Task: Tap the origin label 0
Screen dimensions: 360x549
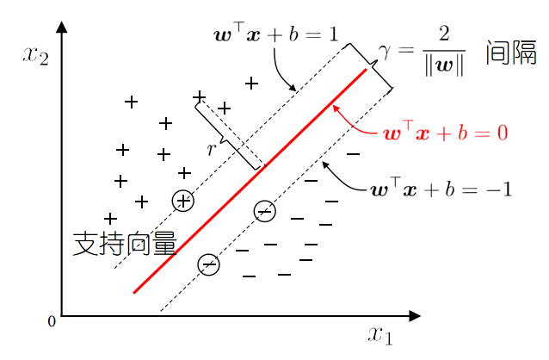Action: (x=52, y=321)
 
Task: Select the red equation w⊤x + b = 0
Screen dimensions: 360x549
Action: (x=446, y=133)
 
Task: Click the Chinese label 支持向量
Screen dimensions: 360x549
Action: (x=125, y=244)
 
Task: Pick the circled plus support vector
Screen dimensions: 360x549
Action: (x=182, y=201)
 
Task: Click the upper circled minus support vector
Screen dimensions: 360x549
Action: (x=265, y=211)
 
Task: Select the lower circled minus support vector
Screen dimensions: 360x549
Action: (x=209, y=264)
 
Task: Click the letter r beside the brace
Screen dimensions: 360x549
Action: (x=211, y=149)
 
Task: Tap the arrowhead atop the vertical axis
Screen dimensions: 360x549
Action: (x=61, y=28)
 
